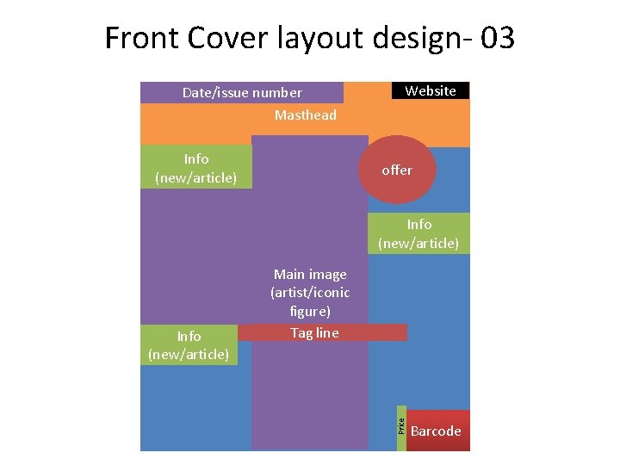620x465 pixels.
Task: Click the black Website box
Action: pyautogui.click(x=431, y=90)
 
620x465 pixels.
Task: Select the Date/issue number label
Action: pyautogui.click(x=242, y=92)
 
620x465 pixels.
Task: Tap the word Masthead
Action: pyautogui.click(x=306, y=115)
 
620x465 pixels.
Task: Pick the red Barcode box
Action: pyautogui.click(x=438, y=430)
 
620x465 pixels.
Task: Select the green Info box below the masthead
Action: pyautogui.click(x=196, y=167)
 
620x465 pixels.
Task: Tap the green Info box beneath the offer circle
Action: pyautogui.click(x=418, y=233)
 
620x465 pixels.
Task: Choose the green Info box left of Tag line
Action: pyautogui.click(x=189, y=344)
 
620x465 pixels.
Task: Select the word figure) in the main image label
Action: pyautogui.click(x=310, y=312)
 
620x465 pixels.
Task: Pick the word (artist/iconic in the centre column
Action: pyautogui.click(x=310, y=293)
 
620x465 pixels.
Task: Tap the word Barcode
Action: pyautogui.click(x=436, y=431)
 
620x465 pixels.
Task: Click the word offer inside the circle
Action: pyautogui.click(x=397, y=170)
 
